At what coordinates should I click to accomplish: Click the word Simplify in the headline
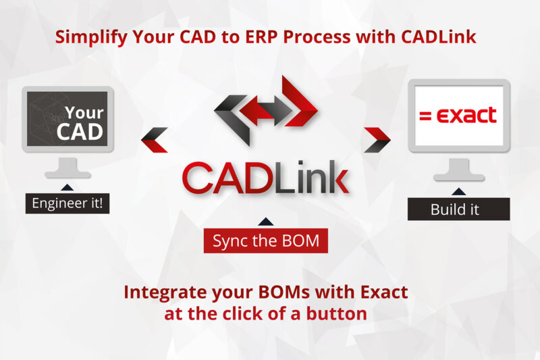point(91,37)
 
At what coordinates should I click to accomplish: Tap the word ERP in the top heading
point(261,36)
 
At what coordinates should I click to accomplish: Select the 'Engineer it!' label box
point(67,203)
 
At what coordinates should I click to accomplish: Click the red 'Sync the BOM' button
point(265,240)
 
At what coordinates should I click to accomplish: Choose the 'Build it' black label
point(459,209)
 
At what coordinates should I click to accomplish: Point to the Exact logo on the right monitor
point(458,115)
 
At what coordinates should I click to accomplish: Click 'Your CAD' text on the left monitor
point(80,123)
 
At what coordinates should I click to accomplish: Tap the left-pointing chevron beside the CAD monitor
point(155,140)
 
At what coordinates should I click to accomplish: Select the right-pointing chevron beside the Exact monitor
point(377,140)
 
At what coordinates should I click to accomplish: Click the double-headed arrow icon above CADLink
point(266,110)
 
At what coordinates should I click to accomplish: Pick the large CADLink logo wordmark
point(265,178)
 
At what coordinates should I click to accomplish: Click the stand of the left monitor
point(67,168)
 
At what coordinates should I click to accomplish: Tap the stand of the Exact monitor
point(459,170)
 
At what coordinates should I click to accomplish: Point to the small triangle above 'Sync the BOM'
point(265,222)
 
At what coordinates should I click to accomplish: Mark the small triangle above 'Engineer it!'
point(67,188)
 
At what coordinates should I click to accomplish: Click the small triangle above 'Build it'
point(458,192)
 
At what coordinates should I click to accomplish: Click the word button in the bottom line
point(336,313)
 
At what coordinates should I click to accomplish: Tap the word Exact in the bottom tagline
point(384,292)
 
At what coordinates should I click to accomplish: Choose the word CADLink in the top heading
point(438,36)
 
